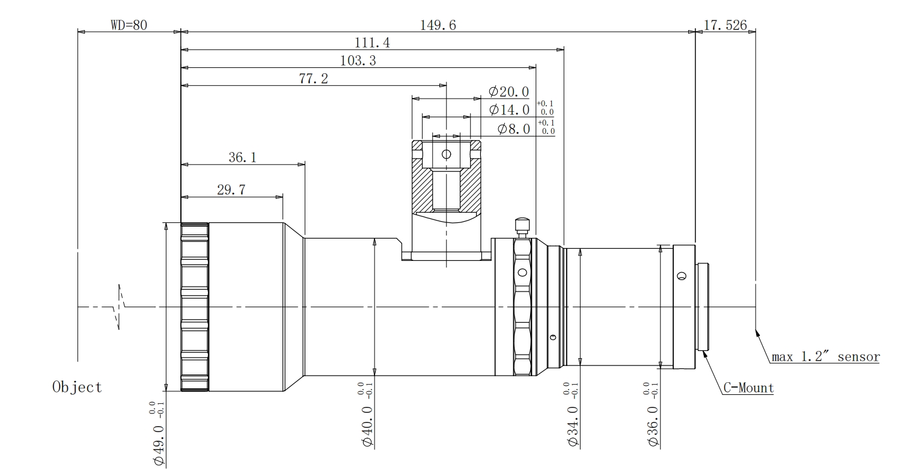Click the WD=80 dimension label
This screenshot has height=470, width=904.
[x=129, y=25]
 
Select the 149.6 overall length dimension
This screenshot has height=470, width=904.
[x=438, y=25]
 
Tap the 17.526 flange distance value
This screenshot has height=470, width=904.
[x=725, y=25]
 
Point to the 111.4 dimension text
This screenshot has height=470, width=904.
[x=372, y=43]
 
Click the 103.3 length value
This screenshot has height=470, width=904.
[x=358, y=61]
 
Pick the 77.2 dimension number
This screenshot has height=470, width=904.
[x=314, y=79]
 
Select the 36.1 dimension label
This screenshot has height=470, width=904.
[x=243, y=157]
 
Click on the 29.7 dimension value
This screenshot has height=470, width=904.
[x=231, y=189]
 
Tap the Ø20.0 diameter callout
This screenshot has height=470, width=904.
[x=508, y=92]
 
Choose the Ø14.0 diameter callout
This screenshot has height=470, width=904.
[x=509, y=110]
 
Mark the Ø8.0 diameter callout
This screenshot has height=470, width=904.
[x=514, y=129]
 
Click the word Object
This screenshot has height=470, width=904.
[x=77, y=387]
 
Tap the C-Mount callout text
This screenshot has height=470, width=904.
[x=749, y=388]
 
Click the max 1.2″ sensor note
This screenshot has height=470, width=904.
[x=826, y=357]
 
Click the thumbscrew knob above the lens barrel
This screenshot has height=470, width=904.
[x=522, y=228]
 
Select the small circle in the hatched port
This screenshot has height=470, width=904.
[x=447, y=154]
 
